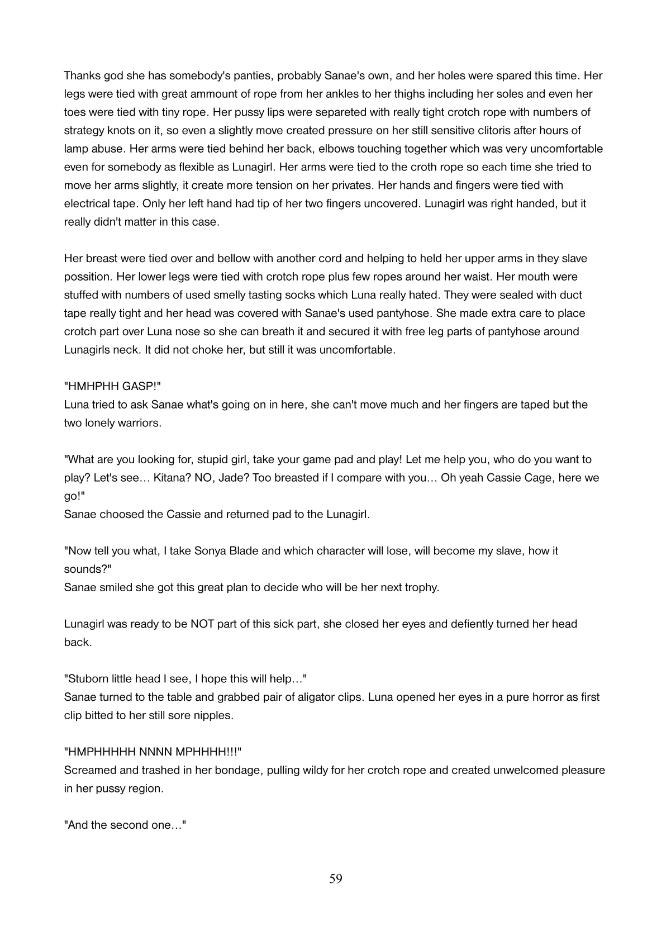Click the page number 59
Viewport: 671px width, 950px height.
335,879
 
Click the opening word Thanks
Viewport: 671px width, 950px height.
82,75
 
